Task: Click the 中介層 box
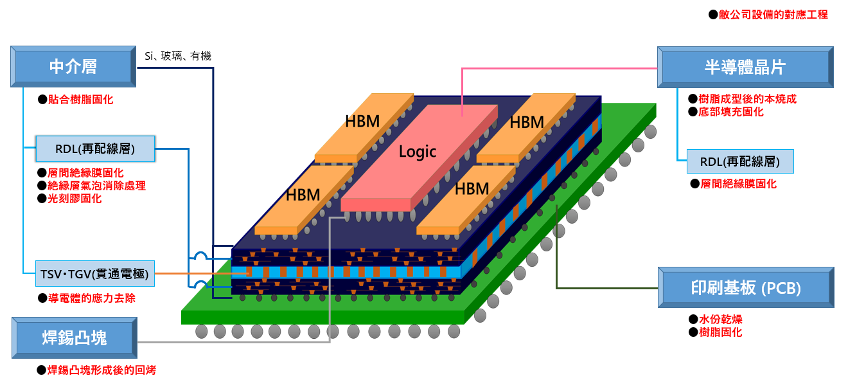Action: tap(73, 66)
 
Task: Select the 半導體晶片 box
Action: tap(745, 67)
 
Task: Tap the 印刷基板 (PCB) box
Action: tap(745, 288)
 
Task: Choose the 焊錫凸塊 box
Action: tap(74, 337)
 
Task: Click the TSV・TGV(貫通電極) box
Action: tap(94, 274)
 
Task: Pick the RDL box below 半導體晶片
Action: tap(739, 161)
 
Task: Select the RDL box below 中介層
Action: tap(94, 149)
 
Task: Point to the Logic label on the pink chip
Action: tap(418, 152)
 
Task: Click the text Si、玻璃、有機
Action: tap(178, 56)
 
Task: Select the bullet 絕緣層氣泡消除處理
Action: tap(96, 186)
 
